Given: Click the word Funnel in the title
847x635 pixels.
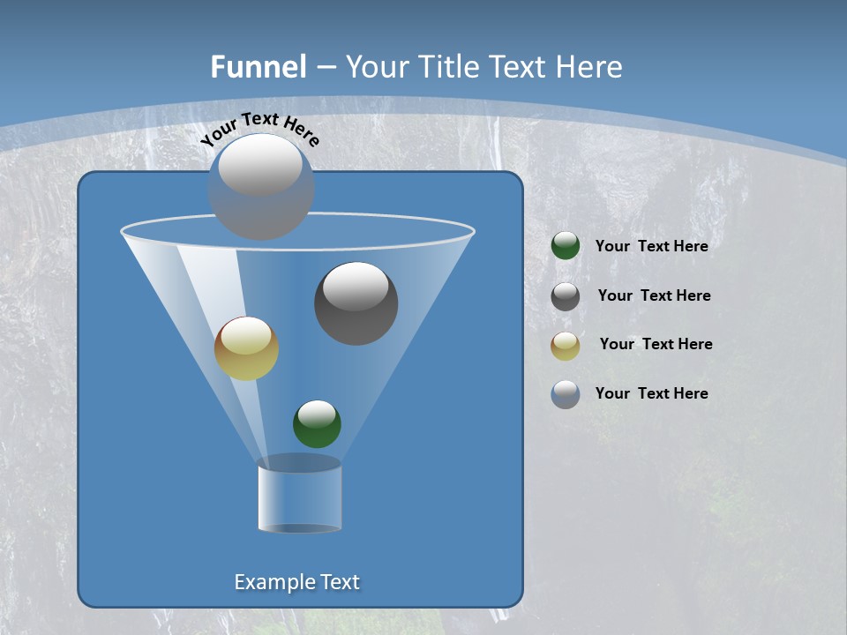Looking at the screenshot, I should tap(258, 67).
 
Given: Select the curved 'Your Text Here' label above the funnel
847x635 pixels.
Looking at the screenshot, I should tap(260, 129).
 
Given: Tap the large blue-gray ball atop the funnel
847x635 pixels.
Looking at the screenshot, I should tap(261, 187).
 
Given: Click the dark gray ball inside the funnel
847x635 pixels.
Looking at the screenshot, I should tap(356, 304).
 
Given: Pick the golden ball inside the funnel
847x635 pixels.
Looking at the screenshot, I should tap(247, 348).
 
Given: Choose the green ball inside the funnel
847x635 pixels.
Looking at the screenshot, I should tap(317, 424).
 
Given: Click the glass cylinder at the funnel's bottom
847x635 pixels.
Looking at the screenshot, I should tap(299, 496).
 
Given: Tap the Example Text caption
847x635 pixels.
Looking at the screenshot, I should tap(297, 582).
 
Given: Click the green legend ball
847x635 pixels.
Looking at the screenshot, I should tap(566, 246).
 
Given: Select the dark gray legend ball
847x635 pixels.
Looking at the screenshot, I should tap(566, 296).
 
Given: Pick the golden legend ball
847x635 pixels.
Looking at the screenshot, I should tap(566, 346).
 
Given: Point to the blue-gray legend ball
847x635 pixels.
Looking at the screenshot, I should tap(566, 394).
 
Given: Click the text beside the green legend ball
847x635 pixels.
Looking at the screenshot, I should tap(651, 247).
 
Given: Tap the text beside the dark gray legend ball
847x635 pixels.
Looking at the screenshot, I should tap(654, 296).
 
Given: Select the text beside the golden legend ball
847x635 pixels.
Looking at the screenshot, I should tap(656, 345).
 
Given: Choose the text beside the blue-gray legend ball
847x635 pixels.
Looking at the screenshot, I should tap(651, 393).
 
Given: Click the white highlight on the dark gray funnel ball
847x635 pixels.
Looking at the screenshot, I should tap(356, 287).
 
